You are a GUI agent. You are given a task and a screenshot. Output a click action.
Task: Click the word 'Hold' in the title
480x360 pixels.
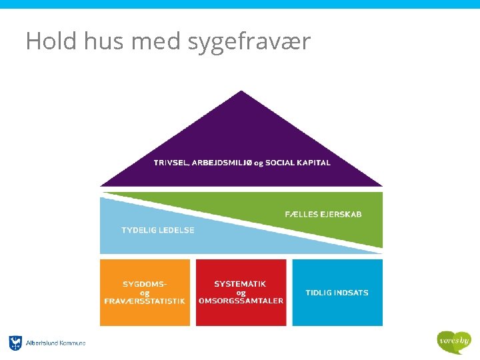click(x=50, y=41)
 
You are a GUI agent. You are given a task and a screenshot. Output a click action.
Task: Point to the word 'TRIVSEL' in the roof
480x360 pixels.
click(x=171, y=163)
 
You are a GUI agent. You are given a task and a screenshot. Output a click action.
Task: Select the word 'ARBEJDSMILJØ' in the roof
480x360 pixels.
click(x=220, y=163)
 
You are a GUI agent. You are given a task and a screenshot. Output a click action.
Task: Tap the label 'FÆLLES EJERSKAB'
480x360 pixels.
click(x=323, y=214)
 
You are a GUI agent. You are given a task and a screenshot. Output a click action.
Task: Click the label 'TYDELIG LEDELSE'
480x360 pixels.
click(x=158, y=230)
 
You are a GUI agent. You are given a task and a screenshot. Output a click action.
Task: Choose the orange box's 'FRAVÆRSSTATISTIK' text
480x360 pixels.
click(x=145, y=301)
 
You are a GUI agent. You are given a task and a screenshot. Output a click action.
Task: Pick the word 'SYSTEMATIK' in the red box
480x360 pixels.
click(x=240, y=284)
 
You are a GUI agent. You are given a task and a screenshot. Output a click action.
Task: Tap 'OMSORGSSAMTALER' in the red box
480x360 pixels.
click(x=241, y=301)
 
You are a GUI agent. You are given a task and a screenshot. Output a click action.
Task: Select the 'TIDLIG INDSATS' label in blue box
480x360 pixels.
click(x=337, y=293)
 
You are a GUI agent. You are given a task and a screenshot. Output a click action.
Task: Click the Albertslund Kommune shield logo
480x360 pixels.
click(x=15, y=343)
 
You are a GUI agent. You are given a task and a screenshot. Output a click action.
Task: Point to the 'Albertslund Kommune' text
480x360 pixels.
click(x=56, y=343)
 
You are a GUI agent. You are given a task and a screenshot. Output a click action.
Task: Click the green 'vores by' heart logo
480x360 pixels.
click(x=454, y=341)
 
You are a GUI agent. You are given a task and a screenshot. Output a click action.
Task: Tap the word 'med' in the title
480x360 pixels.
click(x=156, y=41)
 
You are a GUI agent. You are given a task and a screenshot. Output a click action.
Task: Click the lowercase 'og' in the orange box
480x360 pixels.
click(x=145, y=293)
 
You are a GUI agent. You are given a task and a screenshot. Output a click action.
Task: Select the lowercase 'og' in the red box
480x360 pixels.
click(x=241, y=293)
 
